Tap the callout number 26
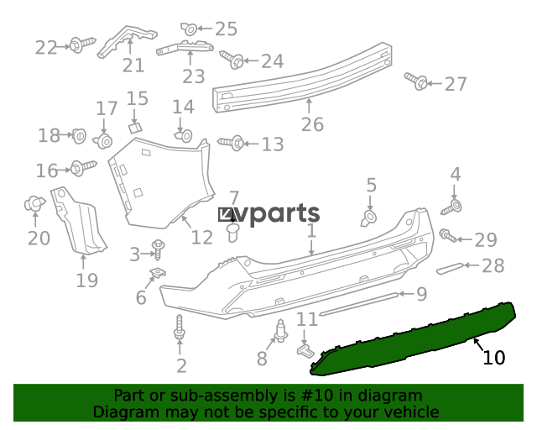click(x=312, y=124)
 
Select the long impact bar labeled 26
click(x=302, y=77)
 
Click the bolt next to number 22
click(x=82, y=45)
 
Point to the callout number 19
click(x=86, y=281)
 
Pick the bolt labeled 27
click(x=416, y=81)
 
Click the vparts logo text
click(x=269, y=214)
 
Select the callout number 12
click(x=202, y=238)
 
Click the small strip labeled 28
click(x=450, y=268)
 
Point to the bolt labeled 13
click(x=232, y=143)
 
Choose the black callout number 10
click(x=494, y=358)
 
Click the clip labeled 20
click(x=34, y=204)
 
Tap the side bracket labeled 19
click(x=78, y=221)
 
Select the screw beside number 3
click(x=159, y=249)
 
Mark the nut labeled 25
click(x=189, y=29)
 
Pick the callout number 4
click(x=455, y=175)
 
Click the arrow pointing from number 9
click(x=406, y=294)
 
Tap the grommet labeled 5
click(x=369, y=218)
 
